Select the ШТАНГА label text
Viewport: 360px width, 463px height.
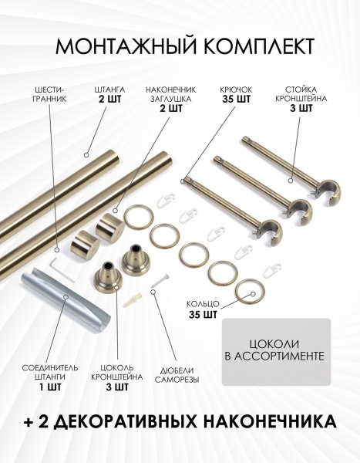tap(109, 90)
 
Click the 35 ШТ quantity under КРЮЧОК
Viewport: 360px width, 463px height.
tap(236, 100)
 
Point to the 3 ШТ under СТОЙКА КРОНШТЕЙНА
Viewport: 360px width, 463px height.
tap(301, 108)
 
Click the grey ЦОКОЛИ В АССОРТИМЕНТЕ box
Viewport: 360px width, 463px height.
tap(276, 352)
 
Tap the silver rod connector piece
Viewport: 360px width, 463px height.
tap(67, 296)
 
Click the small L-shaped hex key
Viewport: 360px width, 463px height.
tap(62, 269)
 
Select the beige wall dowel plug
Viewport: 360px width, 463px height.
tap(132, 299)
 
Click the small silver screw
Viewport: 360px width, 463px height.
tap(160, 280)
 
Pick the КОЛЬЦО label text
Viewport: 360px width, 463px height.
tap(203, 304)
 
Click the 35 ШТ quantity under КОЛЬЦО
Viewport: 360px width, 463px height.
tap(204, 315)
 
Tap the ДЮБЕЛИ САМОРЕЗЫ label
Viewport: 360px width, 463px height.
tap(177, 375)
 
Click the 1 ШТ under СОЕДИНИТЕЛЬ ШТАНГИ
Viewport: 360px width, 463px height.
tap(50, 387)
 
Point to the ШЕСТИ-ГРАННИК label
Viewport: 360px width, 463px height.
tap(49, 94)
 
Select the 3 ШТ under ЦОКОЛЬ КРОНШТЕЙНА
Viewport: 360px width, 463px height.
tap(117, 387)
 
